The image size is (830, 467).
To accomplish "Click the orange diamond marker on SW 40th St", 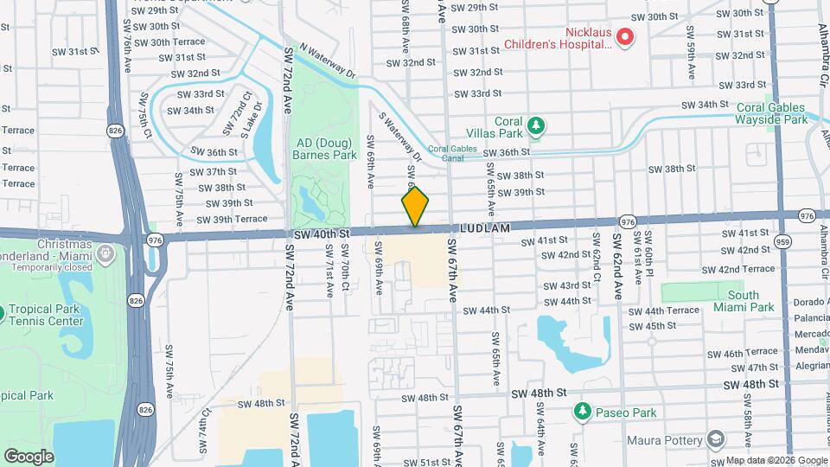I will (x=415, y=207).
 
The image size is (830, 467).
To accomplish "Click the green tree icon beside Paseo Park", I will (x=584, y=410).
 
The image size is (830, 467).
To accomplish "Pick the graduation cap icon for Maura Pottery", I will (x=714, y=440).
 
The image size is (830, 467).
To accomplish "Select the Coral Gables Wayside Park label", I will (x=772, y=113).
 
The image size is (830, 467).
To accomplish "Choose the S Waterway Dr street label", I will (x=399, y=136).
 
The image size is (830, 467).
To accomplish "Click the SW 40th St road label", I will (x=321, y=233).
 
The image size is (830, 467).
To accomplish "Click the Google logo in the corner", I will (x=29, y=456).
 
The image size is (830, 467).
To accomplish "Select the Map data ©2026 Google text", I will (x=776, y=460).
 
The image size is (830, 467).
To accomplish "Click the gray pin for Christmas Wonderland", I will (x=105, y=253).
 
